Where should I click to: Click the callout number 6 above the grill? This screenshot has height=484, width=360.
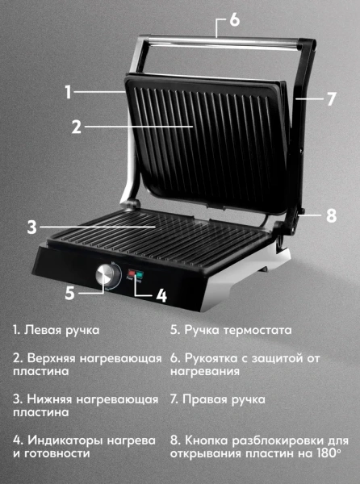[235, 20]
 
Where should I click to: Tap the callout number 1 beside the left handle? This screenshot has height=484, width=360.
[69, 92]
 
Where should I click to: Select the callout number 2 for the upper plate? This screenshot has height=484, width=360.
[77, 127]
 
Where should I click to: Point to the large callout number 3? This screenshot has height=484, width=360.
[31, 227]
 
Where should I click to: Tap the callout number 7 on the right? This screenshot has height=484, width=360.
[331, 99]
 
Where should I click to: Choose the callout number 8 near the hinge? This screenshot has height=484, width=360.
[331, 215]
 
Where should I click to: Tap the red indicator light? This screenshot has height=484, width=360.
[132, 273]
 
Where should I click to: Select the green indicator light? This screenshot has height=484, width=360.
[140, 274]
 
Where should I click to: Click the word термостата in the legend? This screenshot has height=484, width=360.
[257, 330]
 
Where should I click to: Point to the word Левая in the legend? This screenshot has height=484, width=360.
[43, 330]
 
